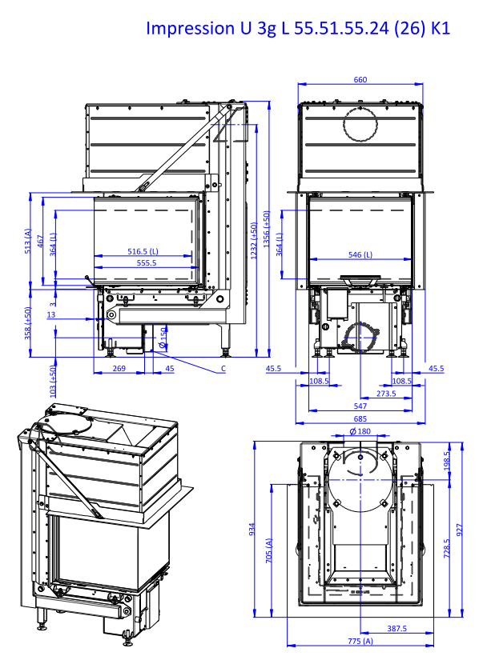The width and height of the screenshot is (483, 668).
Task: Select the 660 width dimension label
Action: coord(360,79)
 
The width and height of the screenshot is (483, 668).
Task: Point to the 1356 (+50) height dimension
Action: coord(266,229)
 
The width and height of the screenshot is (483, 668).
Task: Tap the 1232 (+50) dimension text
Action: coord(254,241)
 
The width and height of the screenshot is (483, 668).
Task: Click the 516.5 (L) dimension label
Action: coord(143,251)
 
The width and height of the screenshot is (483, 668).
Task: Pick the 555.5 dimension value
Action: coord(147,263)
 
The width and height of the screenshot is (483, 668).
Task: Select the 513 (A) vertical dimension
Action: coord(28,241)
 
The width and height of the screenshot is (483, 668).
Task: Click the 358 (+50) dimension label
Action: coord(28,323)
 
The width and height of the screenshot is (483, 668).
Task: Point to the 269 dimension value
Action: coord(119,369)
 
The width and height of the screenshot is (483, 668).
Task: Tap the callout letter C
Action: coord(223,369)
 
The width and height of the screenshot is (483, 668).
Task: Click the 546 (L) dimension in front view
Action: coord(360,254)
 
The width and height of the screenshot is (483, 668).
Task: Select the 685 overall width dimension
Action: coord(360,418)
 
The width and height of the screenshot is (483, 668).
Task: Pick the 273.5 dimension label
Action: coord(386,394)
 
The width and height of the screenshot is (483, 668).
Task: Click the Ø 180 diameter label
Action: coord(360,431)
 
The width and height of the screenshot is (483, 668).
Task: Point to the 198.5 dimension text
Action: coord(447,461)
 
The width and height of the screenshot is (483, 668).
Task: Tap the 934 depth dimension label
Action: coord(252,530)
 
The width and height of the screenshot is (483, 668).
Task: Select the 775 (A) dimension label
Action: coord(360,641)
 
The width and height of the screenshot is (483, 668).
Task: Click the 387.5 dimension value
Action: coord(396,628)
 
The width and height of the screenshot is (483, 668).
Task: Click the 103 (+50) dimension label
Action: coord(53,381)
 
